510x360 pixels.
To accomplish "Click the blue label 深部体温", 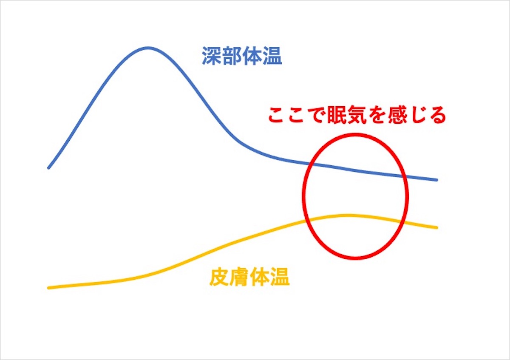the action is click(x=242, y=56).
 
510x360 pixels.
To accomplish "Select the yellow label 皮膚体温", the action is click(x=249, y=277).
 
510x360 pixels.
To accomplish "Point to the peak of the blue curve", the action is click(x=148, y=48).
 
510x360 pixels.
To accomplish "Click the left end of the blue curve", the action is click(x=48, y=168).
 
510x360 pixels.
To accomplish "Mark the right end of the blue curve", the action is click(x=436, y=180).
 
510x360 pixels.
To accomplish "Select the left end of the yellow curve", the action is click(x=48, y=288).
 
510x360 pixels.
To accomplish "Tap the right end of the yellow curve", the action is click(x=436, y=227).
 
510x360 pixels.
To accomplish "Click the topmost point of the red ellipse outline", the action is click(x=355, y=135).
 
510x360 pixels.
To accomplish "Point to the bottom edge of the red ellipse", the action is click(x=355, y=258).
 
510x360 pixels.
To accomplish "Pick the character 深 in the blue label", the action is click(x=212, y=56).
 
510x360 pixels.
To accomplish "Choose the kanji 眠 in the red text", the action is click(x=337, y=115).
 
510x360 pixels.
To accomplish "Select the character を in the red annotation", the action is click(x=377, y=115).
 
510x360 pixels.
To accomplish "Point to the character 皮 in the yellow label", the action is click(x=219, y=277).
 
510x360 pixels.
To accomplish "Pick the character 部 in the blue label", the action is click(x=232, y=56).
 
